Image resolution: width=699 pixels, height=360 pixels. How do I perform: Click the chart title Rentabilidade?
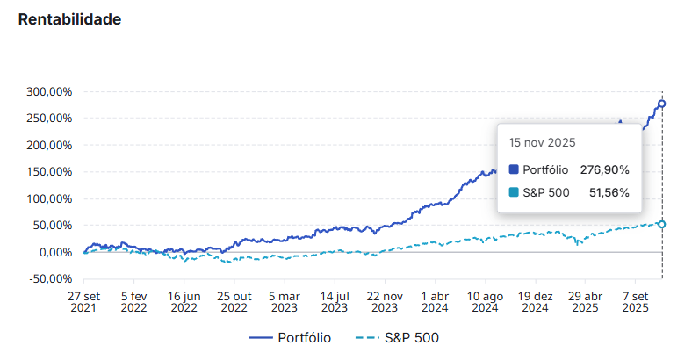[x=69, y=19]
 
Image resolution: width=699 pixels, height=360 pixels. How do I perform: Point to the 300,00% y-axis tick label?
[x=50, y=91]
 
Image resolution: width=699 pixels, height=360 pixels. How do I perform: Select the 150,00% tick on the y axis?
[x=50, y=172]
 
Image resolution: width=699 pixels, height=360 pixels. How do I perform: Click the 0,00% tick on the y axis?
[x=54, y=253]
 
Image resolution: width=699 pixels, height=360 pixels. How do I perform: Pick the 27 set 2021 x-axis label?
[x=83, y=302]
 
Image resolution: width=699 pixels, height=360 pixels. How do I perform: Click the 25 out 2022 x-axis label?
[x=234, y=302]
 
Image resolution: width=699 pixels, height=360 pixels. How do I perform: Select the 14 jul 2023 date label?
[x=335, y=302]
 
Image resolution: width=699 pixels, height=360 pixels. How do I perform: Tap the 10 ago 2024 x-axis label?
[x=485, y=302]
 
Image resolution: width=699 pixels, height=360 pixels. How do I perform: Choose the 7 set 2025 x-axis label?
[x=635, y=302]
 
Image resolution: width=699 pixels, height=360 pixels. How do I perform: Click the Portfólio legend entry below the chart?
[x=291, y=337]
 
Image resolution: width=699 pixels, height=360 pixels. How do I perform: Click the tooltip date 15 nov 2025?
[x=543, y=142]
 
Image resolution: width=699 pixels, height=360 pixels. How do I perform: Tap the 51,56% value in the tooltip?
[x=609, y=193]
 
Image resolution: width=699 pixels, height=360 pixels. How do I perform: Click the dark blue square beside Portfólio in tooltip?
[x=514, y=169]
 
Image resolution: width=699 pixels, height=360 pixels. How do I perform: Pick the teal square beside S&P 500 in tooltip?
[x=514, y=193]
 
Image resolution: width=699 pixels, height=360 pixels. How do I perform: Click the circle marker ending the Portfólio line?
[x=661, y=104]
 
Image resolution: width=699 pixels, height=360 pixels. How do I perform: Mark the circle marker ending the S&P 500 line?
[x=661, y=225]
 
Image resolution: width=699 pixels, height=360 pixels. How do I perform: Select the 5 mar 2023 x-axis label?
[x=285, y=302]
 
